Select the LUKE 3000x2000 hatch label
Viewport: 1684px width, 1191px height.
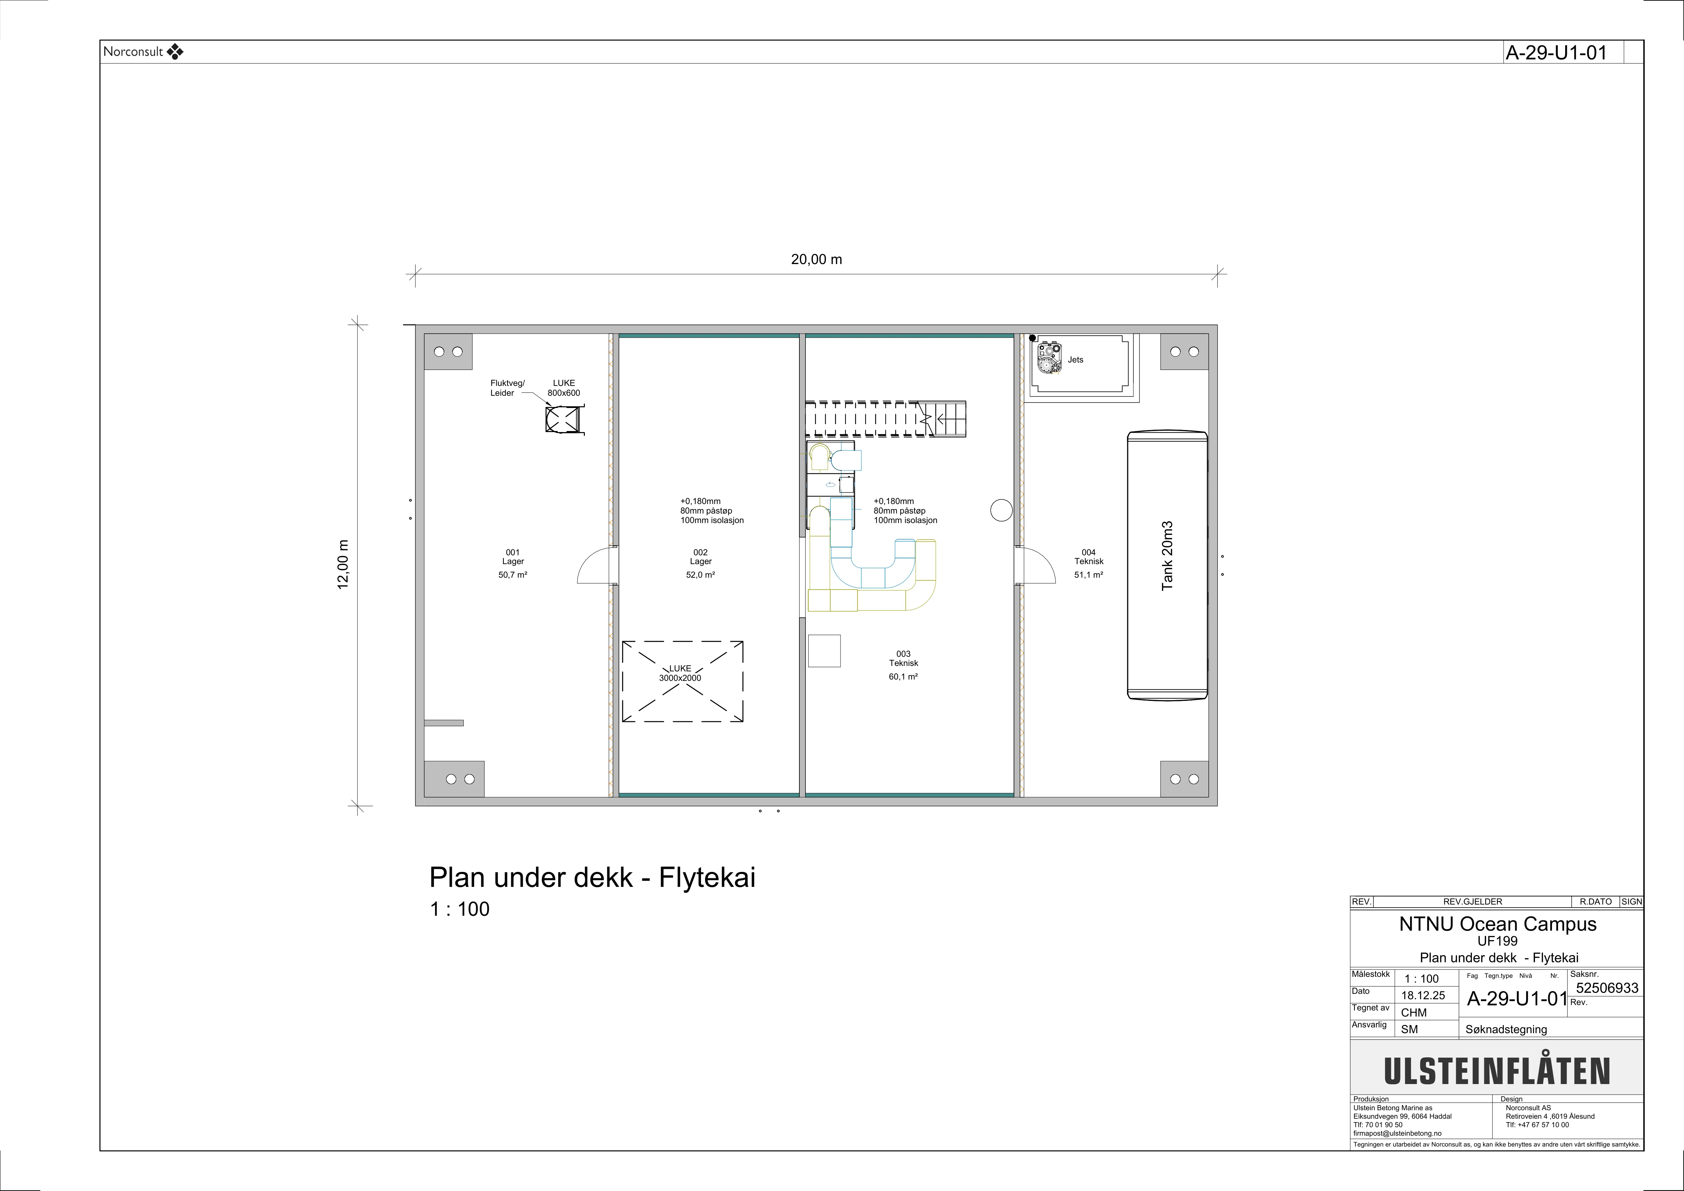coord(680,673)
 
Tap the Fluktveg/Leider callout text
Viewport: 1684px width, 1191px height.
coord(507,388)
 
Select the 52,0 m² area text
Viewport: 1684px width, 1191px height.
coord(700,575)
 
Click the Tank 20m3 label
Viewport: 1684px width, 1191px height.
coord(1167,556)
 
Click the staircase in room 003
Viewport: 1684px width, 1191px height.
coord(886,419)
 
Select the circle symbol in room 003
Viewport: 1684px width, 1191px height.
coord(1001,510)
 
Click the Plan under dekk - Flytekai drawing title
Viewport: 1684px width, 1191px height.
coord(592,877)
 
